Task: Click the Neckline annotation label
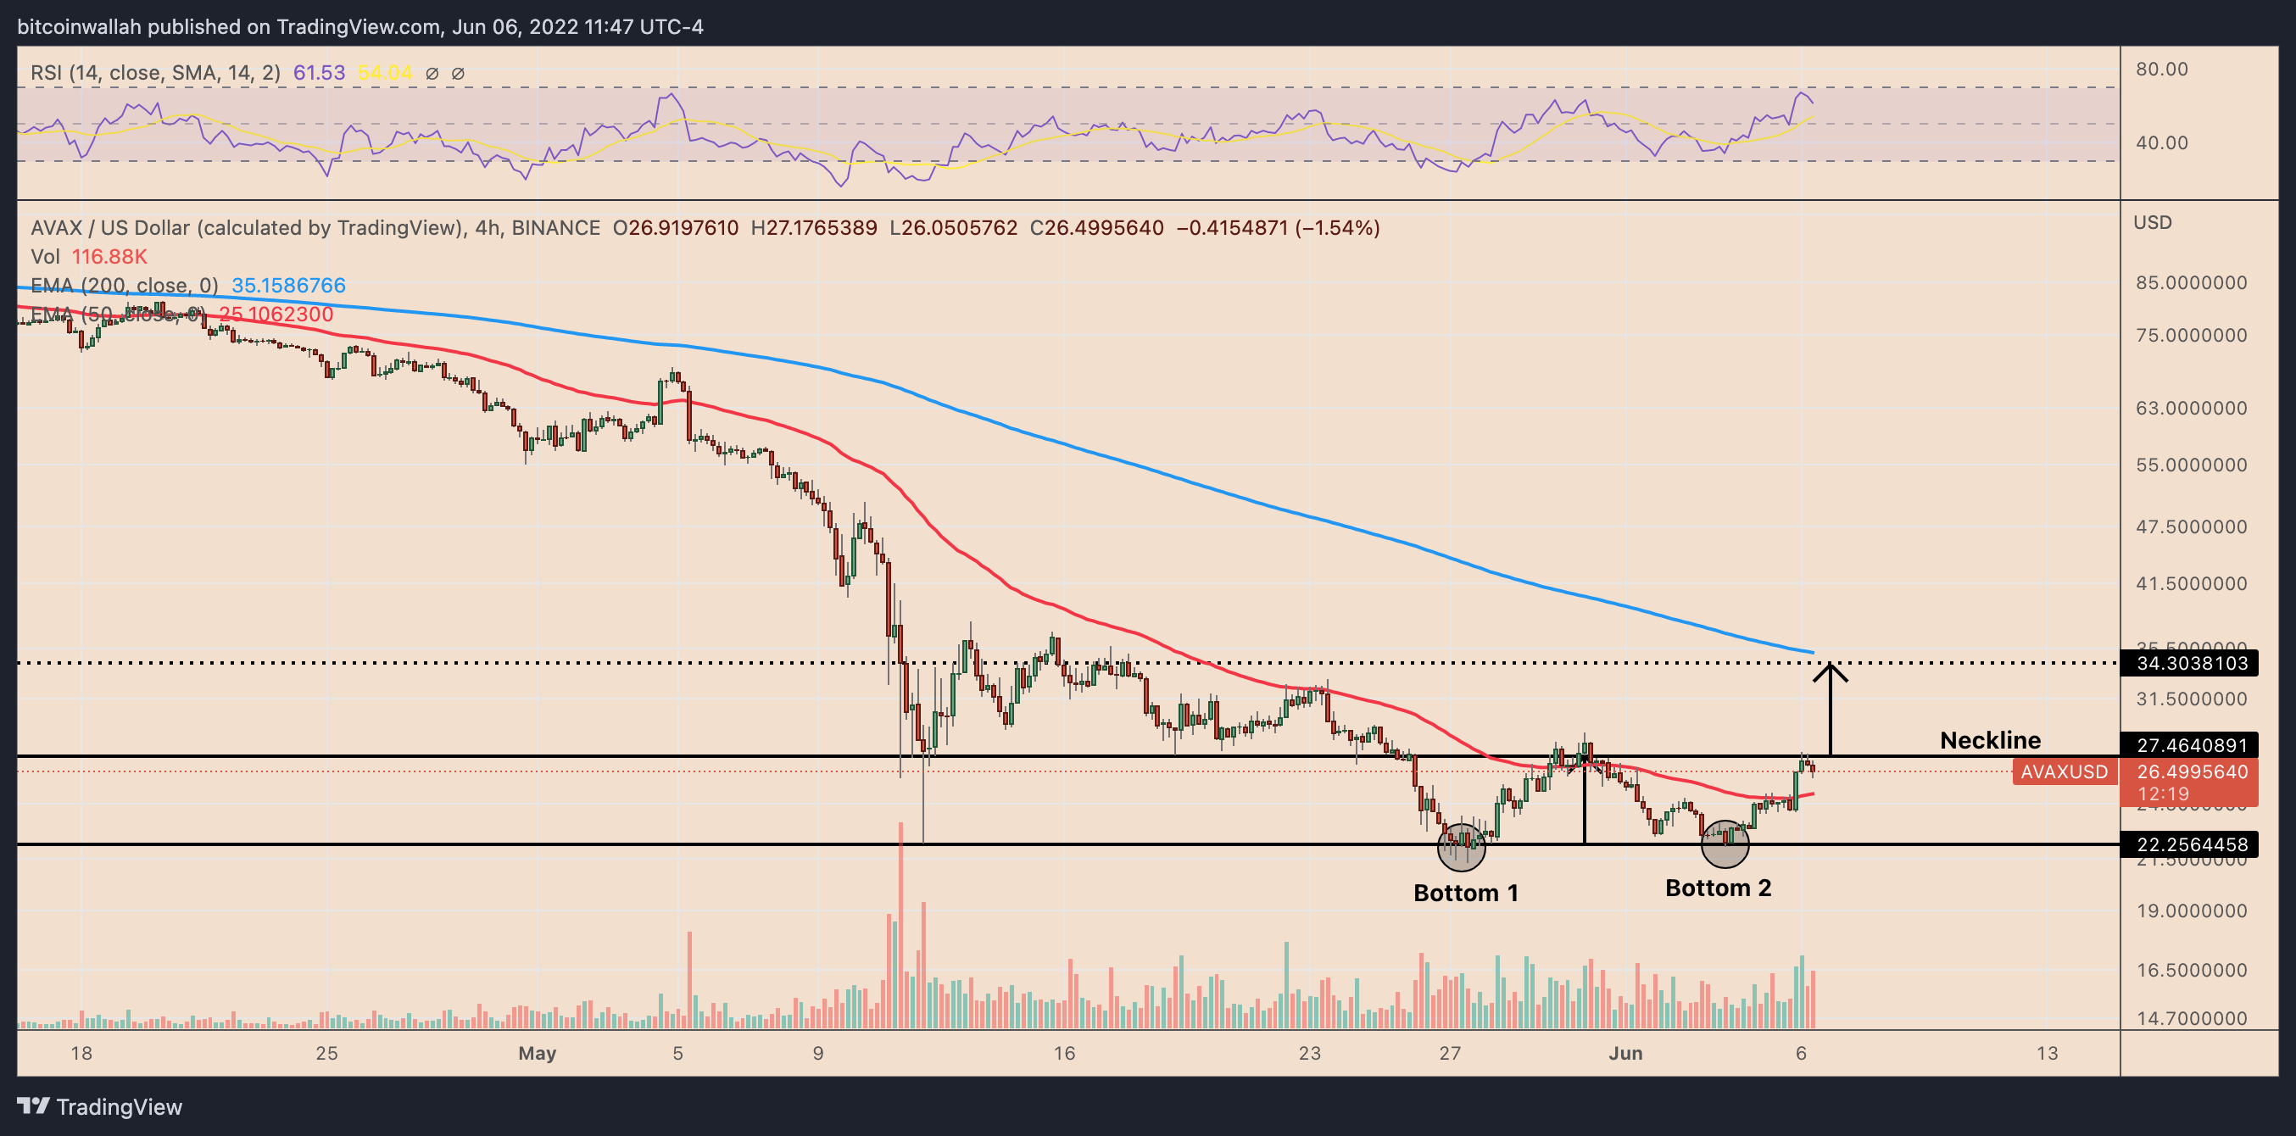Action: (1989, 740)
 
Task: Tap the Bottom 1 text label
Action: (1465, 893)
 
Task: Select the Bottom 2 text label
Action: (1718, 888)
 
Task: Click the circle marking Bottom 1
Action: (1461, 847)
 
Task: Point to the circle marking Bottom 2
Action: (1725, 844)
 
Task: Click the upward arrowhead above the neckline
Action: (1830, 670)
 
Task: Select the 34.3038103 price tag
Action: (2192, 663)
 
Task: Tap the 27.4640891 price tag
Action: (2192, 745)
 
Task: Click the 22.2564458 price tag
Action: (2192, 844)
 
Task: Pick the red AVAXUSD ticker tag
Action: (2064, 771)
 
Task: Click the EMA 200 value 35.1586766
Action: (288, 285)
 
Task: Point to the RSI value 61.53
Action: (319, 73)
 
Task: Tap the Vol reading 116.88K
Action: (109, 257)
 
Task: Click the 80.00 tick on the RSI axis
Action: (2161, 70)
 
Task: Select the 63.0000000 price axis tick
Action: (2191, 408)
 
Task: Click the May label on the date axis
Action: (537, 1053)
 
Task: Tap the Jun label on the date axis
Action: (1624, 1053)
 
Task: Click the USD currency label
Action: (2152, 223)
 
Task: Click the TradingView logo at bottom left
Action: (99, 1106)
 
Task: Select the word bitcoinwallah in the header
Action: (79, 27)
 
